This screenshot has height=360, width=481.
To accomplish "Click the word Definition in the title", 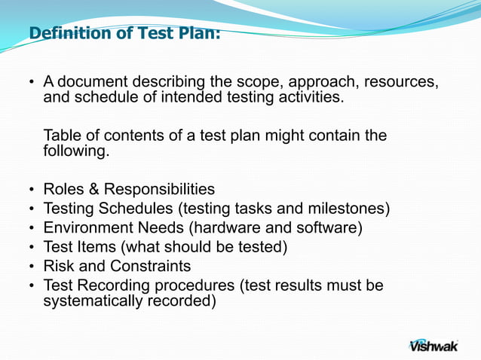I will (67, 33).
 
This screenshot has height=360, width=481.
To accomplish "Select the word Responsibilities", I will (159, 189).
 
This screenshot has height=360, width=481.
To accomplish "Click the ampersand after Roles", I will (93, 189).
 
